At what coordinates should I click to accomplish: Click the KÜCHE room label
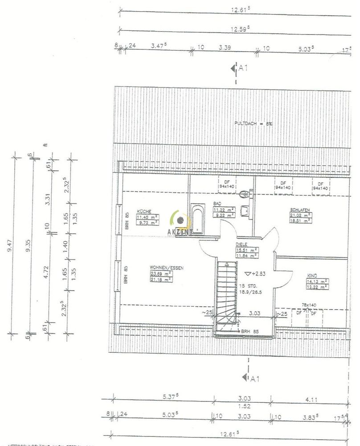[143, 211]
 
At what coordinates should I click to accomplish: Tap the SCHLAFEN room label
[299, 209]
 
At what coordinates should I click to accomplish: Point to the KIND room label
[311, 276]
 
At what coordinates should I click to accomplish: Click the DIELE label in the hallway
[242, 244]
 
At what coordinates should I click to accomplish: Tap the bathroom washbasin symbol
[244, 210]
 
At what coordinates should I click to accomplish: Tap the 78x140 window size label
[308, 305]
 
